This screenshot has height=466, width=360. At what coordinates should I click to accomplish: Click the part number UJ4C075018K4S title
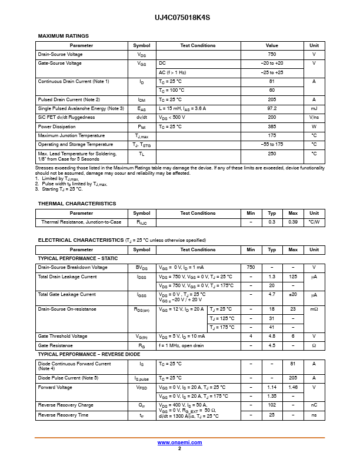[x=179, y=18]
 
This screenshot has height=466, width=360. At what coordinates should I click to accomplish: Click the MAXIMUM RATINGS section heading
[x=64, y=36]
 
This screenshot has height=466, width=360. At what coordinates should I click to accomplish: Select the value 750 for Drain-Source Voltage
[x=272, y=54]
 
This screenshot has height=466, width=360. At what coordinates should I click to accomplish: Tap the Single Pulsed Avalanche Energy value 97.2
[x=272, y=109]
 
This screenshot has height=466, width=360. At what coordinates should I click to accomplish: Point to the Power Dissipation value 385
[x=272, y=127]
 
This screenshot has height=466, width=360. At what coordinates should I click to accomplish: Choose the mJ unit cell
[x=314, y=109]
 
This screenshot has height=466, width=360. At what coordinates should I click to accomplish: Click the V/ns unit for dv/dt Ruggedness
[x=314, y=118]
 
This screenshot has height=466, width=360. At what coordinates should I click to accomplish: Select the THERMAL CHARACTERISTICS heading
[x=77, y=204]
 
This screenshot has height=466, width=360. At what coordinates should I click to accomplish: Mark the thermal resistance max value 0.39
[x=293, y=222]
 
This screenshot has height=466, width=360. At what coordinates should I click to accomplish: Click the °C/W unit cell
[x=314, y=222]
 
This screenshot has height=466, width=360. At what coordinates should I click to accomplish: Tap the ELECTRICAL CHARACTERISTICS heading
[x=81, y=240]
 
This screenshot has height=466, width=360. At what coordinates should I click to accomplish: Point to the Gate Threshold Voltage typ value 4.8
[x=272, y=337]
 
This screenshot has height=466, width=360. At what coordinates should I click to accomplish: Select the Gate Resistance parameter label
[x=55, y=345]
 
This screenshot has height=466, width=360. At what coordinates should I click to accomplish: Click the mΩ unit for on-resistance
[x=314, y=309]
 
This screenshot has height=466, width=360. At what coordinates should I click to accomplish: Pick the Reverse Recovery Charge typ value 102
[x=272, y=405]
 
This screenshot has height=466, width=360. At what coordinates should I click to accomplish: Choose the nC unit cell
[x=314, y=405]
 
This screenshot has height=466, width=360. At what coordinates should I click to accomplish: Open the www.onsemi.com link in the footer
[x=179, y=442]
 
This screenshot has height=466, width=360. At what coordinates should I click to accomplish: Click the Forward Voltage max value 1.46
[x=293, y=387]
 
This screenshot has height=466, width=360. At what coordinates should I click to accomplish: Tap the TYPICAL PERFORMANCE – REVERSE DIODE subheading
[x=88, y=355]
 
